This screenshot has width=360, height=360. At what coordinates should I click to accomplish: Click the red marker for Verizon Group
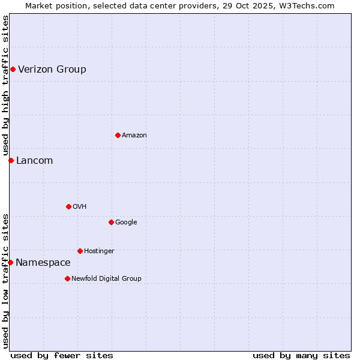pyautogui.click(x=13, y=70)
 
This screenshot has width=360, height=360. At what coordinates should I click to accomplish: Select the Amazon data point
pyautogui.click(x=118, y=135)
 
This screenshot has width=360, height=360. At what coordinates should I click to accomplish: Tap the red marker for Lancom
pyautogui.click(x=11, y=160)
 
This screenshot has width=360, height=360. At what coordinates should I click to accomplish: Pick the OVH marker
pyautogui.click(x=68, y=206)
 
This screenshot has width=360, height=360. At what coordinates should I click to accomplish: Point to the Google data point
pyautogui.click(x=111, y=222)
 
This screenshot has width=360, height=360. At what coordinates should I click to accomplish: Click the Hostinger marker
pyautogui.click(x=80, y=251)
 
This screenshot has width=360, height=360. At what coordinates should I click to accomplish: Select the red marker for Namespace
pyautogui.click(x=10, y=262)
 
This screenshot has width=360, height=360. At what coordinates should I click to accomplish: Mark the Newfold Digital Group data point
pyautogui.click(x=67, y=278)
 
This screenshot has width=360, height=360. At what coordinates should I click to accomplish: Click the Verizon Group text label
pyautogui.click(x=52, y=70)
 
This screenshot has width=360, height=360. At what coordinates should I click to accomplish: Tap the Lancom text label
pyautogui.click(x=34, y=161)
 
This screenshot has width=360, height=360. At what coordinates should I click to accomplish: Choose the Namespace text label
pyautogui.click(x=43, y=263)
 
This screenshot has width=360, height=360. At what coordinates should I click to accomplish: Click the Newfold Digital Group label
pyautogui.click(x=106, y=278)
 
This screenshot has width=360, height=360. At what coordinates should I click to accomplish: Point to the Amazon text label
pyautogui.click(x=134, y=136)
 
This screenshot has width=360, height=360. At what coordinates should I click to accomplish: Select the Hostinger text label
pyautogui.click(x=99, y=251)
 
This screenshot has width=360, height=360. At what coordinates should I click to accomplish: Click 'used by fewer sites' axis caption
pyautogui.click(x=62, y=355)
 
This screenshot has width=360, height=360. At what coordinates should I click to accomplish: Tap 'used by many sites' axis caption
pyautogui.click(x=301, y=355)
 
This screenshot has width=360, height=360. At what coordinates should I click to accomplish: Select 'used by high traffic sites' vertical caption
pyautogui.click(x=5, y=86)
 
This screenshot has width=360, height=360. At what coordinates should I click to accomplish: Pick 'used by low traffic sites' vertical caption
pyautogui.click(x=5, y=280)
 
